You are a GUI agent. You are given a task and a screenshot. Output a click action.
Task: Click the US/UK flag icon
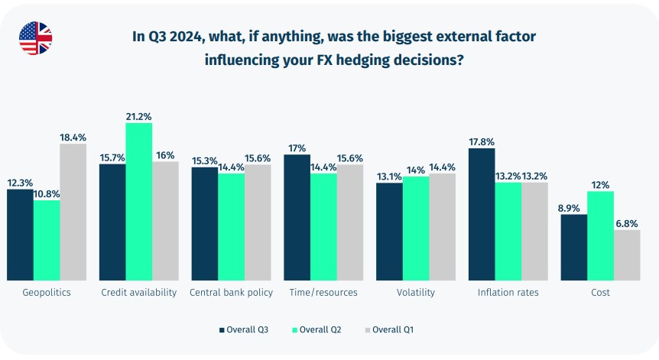pos(35,38)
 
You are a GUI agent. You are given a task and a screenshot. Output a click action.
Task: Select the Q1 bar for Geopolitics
pos(73,212)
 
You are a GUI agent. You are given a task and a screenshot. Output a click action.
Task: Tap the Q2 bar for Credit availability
pos(139,202)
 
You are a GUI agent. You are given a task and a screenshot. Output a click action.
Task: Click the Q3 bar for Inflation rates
pos(481,214)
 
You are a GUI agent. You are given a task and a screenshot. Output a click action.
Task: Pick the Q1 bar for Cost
pos(626,255)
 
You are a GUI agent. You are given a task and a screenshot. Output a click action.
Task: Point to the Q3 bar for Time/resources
pos(297,217)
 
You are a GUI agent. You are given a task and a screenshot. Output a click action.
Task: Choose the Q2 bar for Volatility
pos(415,228)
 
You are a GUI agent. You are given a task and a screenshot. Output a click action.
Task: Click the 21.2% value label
pos(139,116)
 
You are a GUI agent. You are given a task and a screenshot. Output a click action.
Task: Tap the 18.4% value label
pos(73,137)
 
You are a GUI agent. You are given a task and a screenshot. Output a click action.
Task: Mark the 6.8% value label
pos(627,223)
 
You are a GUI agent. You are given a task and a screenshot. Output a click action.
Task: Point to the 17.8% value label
pos(481,141)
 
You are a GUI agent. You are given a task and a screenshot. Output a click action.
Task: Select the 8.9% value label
pos(573,207)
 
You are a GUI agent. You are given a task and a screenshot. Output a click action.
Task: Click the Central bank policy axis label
pos(231,293)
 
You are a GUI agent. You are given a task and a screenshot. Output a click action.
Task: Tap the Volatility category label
pos(416,293)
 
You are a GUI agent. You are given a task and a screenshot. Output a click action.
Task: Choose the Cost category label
pos(600,293)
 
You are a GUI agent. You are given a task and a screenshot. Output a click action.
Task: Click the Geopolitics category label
pos(47,293)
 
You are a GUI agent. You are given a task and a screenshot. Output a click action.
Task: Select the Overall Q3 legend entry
pos(243,329)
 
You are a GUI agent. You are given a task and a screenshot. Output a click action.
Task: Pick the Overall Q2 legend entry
pos(316,329)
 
